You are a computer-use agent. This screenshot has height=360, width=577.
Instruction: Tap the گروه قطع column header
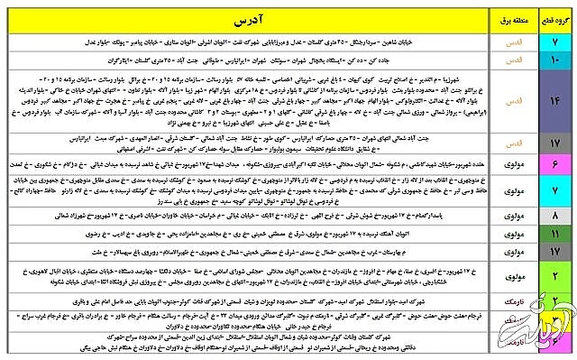pyautogui.click(x=550, y=17)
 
